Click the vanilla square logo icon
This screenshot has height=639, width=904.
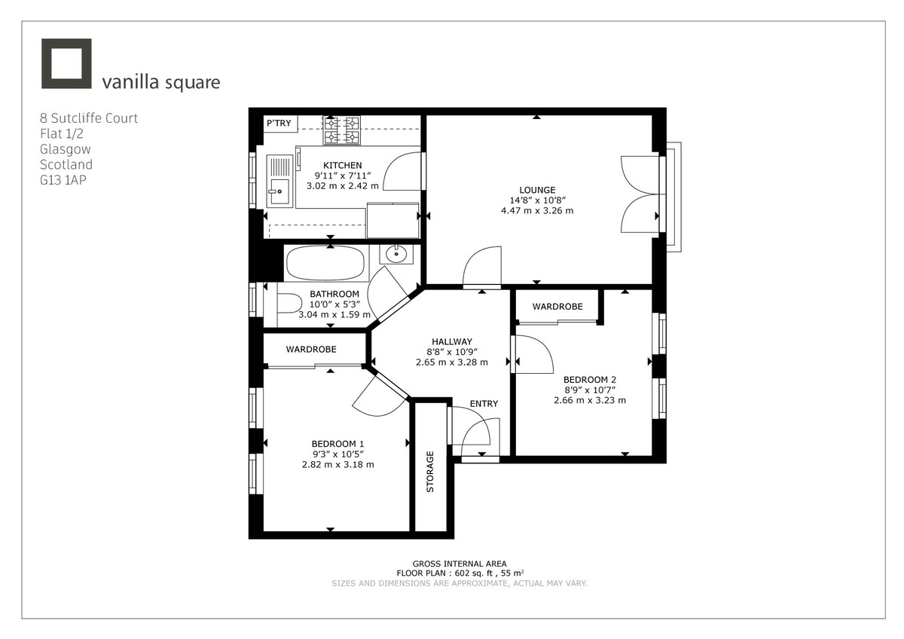pos(66,63)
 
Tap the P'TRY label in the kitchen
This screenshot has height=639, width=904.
pos(281,124)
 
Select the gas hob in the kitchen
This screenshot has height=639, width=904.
pos(342,130)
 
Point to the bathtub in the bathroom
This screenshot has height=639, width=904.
pos(325,263)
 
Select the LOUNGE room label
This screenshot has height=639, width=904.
pos(537,190)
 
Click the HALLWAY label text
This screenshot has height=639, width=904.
pos(452,341)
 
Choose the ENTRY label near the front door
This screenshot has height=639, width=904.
pos(484,404)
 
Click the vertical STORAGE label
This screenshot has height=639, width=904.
pos(431,472)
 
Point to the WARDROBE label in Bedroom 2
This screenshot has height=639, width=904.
pos(557,307)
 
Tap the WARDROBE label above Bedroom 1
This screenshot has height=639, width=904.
pos(310,350)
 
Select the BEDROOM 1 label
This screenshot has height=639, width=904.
pos(337,443)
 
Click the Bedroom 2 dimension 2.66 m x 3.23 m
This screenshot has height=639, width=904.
pos(590,400)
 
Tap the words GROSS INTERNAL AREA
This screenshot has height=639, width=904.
pos(460,564)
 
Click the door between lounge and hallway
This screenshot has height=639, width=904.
pos(482,268)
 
